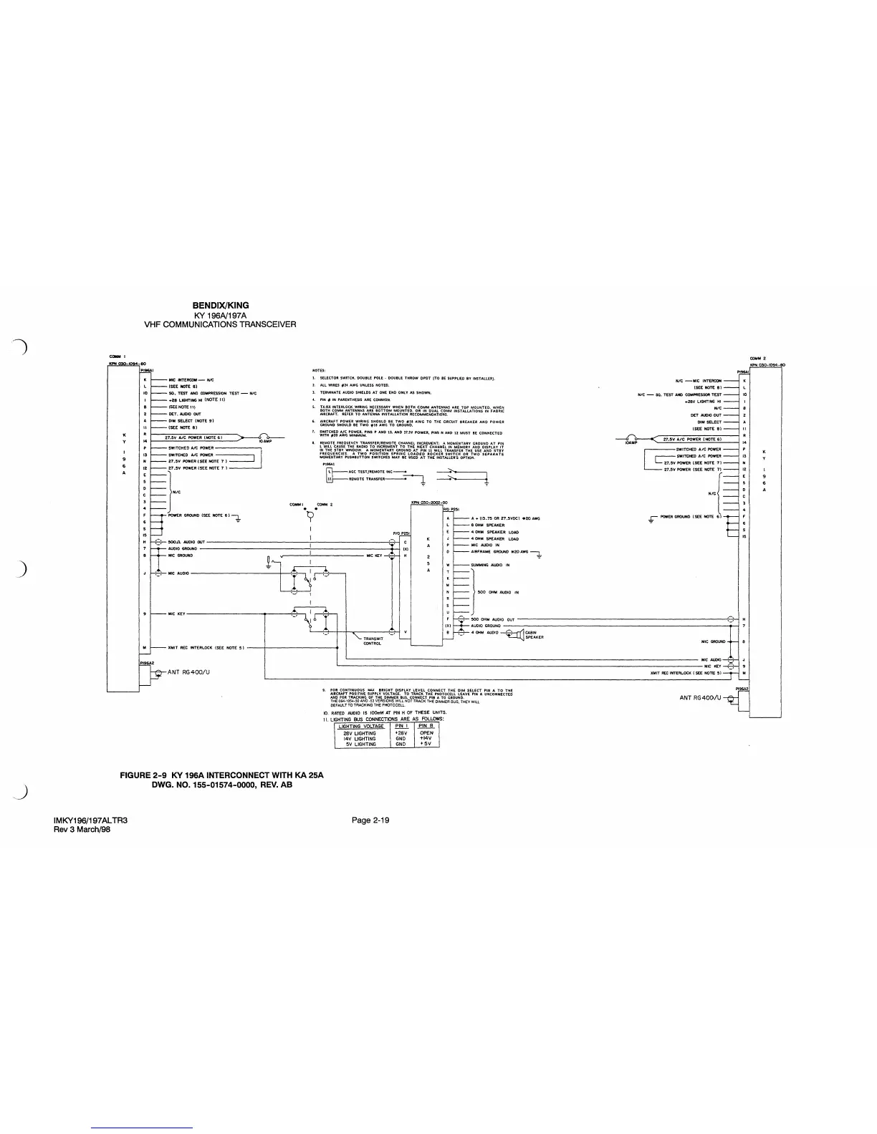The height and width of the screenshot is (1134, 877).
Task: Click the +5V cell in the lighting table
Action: pos(426,744)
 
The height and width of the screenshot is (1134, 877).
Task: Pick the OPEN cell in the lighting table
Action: pos(426,732)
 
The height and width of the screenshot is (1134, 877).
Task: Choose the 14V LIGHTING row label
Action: pos(360,738)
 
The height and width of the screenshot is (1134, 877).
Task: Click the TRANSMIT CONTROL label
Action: pos(372,641)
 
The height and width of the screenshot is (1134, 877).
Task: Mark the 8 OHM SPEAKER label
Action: pos(488,525)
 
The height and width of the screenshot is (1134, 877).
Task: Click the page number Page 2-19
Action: pos(370,820)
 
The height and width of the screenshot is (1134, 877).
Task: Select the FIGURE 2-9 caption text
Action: pos(222,775)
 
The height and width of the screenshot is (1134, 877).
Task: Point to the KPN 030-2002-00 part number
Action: pos(429,503)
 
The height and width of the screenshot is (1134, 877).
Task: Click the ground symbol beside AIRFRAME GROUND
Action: pos(538,553)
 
